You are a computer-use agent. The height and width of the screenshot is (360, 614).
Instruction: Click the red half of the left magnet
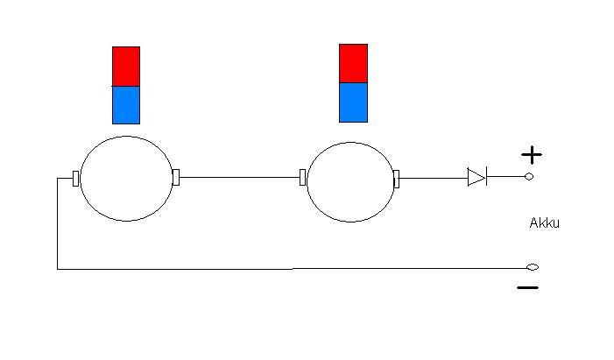(x=126, y=66)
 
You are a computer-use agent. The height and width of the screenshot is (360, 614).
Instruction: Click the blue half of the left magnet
(x=126, y=104)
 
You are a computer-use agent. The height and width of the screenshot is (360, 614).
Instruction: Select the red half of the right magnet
(x=353, y=63)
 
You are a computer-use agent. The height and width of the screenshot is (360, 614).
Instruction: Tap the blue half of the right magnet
(x=353, y=102)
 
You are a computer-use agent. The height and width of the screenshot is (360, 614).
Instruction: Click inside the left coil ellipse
(x=126, y=178)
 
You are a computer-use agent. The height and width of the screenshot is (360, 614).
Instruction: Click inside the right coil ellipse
(x=350, y=181)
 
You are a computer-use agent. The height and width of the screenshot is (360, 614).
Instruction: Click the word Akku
(x=544, y=223)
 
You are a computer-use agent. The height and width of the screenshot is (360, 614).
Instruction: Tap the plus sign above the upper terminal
(x=532, y=155)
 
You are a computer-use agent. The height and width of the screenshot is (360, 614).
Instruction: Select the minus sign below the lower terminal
(x=528, y=287)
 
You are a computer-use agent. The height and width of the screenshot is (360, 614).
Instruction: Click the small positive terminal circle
(x=529, y=177)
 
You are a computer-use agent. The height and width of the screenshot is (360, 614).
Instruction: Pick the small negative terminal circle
(x=532, y=267)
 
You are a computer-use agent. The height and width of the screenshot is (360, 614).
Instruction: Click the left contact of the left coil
(x=75, y=178)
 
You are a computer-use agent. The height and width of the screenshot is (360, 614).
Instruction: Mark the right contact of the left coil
(x=176, y=178)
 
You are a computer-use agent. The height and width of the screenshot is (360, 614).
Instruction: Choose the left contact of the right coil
(x=303, y=178)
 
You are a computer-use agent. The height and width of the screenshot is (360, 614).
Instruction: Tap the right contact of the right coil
(x=396, y=179)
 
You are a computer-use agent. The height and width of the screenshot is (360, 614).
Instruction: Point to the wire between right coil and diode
(x=432, y=178)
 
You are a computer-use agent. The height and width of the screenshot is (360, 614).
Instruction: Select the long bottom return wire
(x=289, y=269)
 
